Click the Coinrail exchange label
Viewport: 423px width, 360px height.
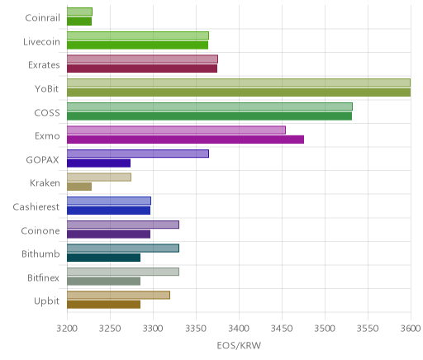(x=42, y=18)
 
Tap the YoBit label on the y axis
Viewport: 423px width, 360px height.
(x=46, y=89)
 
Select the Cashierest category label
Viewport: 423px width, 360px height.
(x=36, y=207)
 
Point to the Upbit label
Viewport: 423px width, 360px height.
(x=46, y=301)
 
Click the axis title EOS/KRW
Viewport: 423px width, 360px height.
(x=239, y=345)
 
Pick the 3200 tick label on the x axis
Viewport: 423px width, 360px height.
(x=67, y=329)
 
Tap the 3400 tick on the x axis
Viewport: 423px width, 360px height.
(x=239, y=329)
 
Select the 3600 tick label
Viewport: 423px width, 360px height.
(x=411, y=329)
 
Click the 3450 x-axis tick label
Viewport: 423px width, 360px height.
(x=282, y=329)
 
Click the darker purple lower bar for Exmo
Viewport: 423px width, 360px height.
(x=185, y=140)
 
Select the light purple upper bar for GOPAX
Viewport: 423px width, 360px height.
(x=138, y=154)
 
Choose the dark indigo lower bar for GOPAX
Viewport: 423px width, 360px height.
(x=98, y=163)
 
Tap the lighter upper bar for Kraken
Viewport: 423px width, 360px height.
(x=99, y=178)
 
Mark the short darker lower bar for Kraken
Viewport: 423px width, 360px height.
(x=79, y=187)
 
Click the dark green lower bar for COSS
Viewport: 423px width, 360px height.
(x=209, y=116)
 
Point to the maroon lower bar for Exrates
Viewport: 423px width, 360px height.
(x=142, y=69)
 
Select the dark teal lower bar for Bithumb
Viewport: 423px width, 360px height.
(x=103, y=258)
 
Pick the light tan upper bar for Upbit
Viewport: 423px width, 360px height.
(x=118, y=295)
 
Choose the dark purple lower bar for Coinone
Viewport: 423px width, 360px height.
(x=108, y=234)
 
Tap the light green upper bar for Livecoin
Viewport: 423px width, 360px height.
(x=138, y=36)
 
